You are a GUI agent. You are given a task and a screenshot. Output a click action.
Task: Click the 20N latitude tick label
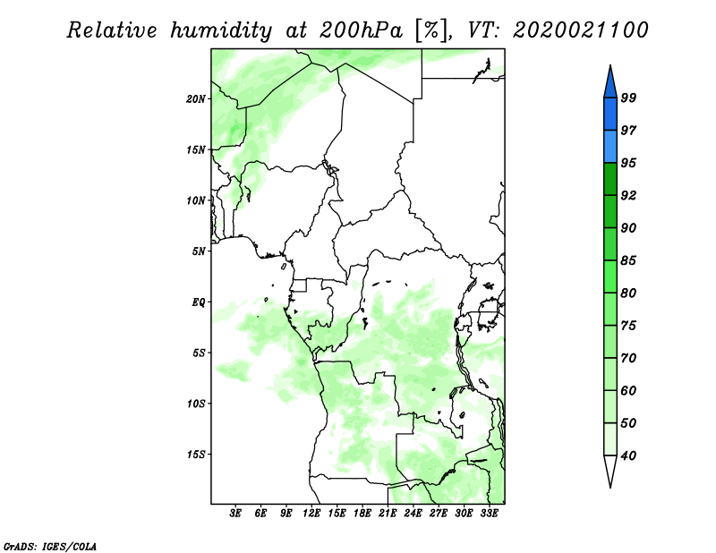point(196,99)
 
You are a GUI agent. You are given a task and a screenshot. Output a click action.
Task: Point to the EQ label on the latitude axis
point(199,302)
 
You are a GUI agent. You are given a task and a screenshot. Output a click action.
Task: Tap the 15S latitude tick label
point(196,455)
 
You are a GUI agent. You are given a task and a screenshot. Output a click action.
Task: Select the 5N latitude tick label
point(199,251)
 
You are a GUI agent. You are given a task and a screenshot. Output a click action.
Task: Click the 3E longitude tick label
point(235,514)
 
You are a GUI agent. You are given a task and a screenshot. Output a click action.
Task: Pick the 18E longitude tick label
point(362,514)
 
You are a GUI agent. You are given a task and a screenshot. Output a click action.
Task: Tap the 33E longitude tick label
point(489,514)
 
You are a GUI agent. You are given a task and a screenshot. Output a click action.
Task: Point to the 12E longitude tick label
point(311,514)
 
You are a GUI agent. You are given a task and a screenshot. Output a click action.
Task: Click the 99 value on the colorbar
point(628,98)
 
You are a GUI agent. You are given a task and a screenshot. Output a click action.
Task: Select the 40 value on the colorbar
point(628,455)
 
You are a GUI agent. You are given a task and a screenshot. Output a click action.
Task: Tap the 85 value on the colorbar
point(628,260)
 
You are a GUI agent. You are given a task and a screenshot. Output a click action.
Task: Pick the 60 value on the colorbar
point(628,391)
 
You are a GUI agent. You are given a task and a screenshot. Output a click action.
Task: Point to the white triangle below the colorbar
point(610,470)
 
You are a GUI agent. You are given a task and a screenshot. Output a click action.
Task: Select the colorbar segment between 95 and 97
point(610,147)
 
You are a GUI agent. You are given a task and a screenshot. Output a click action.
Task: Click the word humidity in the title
point(221,30)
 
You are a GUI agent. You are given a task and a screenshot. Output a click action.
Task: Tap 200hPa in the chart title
point(361,30)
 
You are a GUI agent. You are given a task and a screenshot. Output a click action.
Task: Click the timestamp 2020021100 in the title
point(580,30)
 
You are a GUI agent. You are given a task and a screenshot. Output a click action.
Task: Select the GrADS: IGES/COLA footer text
point(50,547)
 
